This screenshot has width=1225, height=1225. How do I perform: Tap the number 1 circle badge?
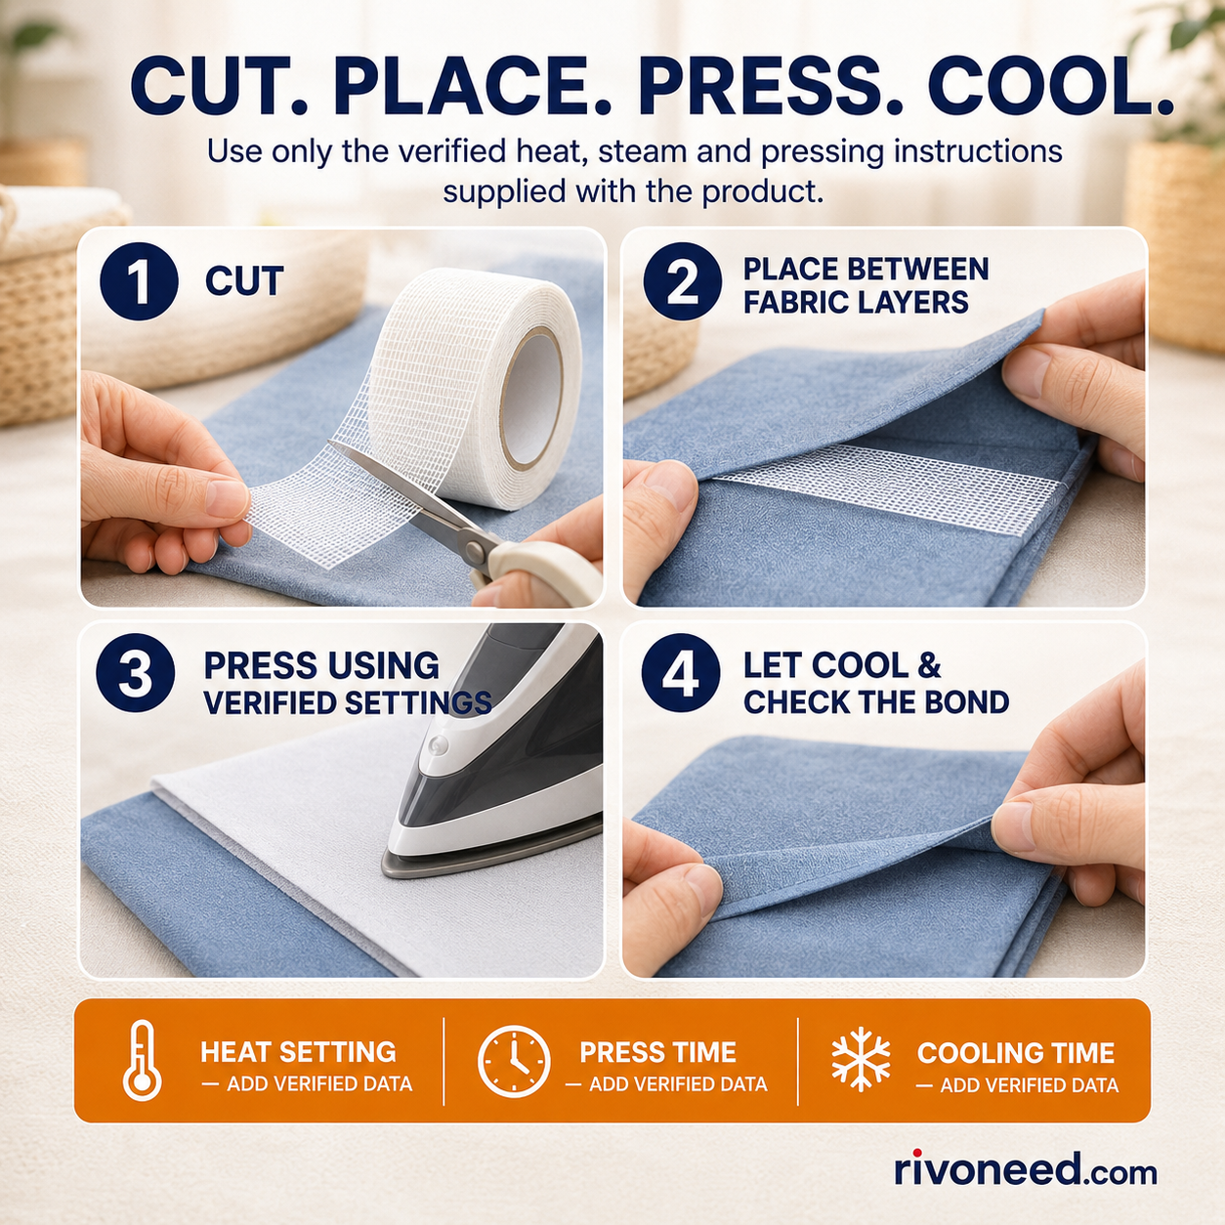coord(139,280)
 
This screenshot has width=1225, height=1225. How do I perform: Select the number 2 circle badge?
coord(682,281)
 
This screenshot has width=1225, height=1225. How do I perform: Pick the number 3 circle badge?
coord(136,673)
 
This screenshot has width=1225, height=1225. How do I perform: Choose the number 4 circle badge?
coord(681,673)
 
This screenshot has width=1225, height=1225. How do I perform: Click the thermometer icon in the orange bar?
coord(143,1060)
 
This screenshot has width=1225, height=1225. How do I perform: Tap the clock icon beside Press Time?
coord(514,1061)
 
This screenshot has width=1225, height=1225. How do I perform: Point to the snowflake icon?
coord(861,1060)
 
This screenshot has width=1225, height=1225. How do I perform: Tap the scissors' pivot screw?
coord(473,549)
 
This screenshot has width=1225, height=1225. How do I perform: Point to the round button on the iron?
coord(438,744)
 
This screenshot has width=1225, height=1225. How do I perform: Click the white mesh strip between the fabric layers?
coord(885,486)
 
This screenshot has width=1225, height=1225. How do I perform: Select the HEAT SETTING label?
coord(298,1052)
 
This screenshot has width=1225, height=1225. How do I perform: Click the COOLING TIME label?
coord(1015,1053)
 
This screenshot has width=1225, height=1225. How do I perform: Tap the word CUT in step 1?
coord(244,281)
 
